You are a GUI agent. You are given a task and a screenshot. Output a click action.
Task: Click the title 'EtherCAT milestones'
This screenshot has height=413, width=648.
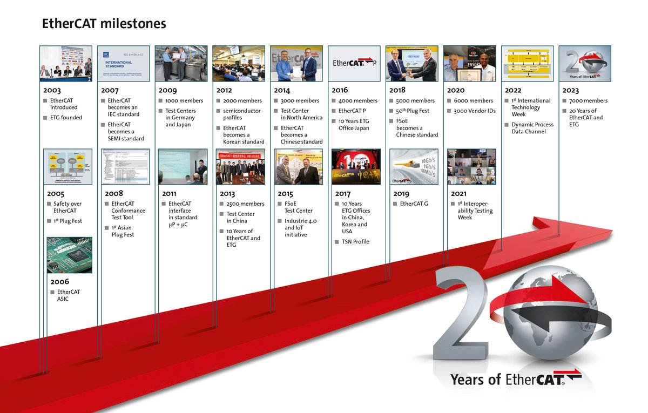click(x=104, y=24)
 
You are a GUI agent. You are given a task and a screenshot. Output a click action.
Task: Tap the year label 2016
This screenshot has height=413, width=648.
click(x=340, y=91)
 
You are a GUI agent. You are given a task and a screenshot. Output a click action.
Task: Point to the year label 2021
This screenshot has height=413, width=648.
click(x=459, y=194)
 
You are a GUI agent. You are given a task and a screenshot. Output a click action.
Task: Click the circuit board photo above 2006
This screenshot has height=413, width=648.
click(x=69, y=255)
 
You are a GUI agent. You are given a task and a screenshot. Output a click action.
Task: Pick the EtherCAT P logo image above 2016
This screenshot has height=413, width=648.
click(x=353, y=63)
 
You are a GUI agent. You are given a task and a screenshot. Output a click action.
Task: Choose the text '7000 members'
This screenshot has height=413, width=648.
click(x=588, y=101)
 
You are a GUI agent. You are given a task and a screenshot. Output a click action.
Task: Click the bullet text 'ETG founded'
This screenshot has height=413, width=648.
click(x=66, y=118)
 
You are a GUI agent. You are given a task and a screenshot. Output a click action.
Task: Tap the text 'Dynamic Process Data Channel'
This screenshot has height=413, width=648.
click(x=532, y=128)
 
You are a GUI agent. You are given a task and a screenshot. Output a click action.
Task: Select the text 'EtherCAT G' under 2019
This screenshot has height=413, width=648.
click(x=414, y=204)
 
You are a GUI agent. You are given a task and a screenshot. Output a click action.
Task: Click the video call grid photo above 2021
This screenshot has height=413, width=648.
click(x=471, y=167)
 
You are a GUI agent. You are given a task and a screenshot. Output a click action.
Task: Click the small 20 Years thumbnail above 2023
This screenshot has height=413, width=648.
click(x=585, y=63)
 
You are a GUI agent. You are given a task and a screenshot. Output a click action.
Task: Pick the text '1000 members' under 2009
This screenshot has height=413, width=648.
click(x=184, y=101)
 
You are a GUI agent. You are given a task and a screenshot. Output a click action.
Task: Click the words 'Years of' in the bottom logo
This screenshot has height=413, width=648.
click(x=476, y=379)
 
